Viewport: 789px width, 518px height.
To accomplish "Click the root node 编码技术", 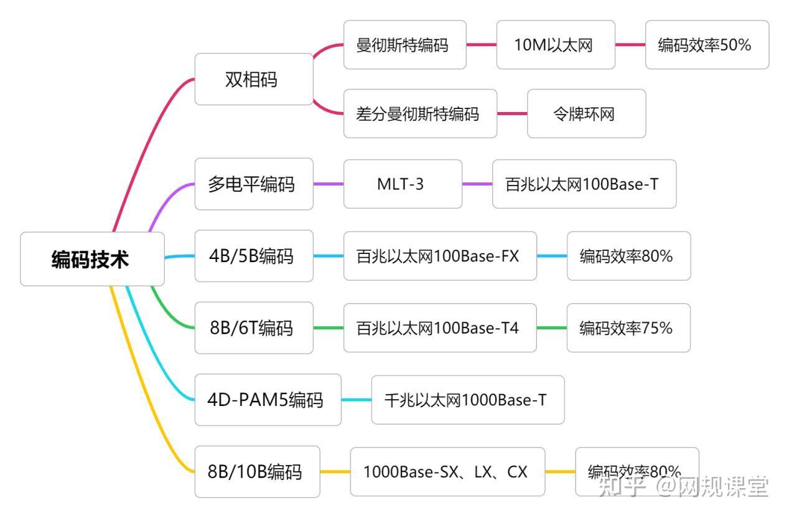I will click(92, 259).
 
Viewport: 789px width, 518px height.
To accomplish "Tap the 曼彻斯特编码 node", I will click(404, 45).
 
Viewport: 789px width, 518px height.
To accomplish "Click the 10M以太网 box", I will click(555, 45).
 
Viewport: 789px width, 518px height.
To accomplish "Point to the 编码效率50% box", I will click(706, 45).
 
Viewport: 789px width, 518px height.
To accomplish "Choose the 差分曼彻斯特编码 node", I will click(420, 113).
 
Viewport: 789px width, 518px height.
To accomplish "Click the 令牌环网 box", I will click(586, 113).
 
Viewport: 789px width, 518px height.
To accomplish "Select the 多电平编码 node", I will click(253, 184).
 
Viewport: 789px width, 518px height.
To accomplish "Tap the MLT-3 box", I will click(403, 184).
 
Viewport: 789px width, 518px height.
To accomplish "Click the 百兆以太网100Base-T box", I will click(584, 184).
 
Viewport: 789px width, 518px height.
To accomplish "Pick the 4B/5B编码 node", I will click(253, 256).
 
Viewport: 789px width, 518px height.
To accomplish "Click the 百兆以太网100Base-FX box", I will click(439, 256).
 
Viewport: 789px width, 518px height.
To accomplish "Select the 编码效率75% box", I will click(628, 327).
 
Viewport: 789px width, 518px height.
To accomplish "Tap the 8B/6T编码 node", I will click(253, 327).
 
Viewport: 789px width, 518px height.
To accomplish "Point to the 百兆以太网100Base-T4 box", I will click(439, 327).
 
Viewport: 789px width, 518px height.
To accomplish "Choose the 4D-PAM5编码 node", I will click(268, 400).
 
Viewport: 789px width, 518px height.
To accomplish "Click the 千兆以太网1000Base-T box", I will click(467, 400).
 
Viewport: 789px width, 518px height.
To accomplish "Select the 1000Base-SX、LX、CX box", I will click(447, 472).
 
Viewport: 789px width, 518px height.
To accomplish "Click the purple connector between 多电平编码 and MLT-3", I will click(328, 184).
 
